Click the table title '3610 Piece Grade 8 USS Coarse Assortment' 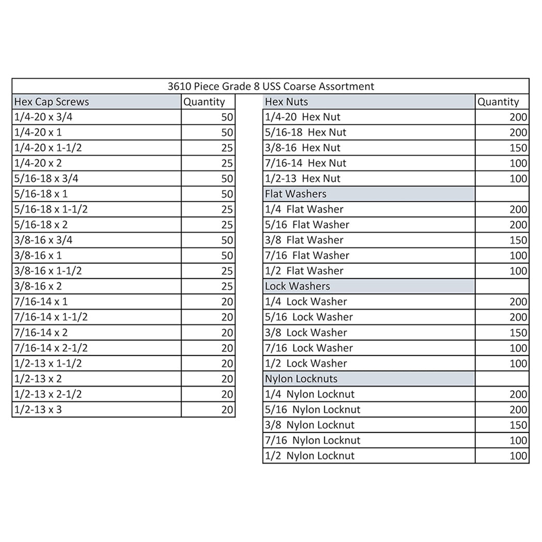point(270,86)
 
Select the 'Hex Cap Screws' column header point(52,102)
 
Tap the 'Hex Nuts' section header point(286,102)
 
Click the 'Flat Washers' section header point(296,194)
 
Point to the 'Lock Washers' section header point(297,286)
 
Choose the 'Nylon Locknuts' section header point(301,378)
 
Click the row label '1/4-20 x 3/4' point(43,117)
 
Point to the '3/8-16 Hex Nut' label point(302,148)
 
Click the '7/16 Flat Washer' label point(307,256)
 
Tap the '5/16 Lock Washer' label point(309,317)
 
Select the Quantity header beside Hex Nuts point(498,102)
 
